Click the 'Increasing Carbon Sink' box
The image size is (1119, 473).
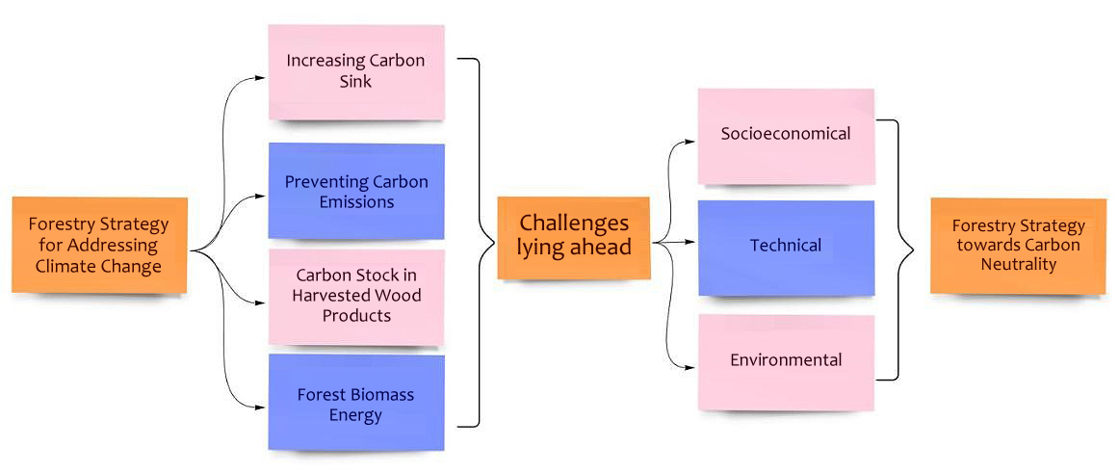point(355,72)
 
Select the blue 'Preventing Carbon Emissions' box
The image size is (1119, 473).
point(355,191)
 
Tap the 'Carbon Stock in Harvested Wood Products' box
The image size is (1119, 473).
point(355,296)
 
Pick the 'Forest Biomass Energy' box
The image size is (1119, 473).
point(355,403)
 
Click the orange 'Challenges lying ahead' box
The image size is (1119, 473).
point(573,237)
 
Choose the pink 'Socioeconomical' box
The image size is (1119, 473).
point(786,135)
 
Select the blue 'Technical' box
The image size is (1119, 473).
point(786,247)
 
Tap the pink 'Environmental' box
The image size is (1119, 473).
point(786,361)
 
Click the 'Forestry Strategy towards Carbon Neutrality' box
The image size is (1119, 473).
point(1018,245)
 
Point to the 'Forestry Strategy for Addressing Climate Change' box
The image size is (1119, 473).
point(99,245)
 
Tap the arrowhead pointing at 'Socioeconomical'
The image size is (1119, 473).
point(691,141)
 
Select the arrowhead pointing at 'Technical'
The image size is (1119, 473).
point(691,246)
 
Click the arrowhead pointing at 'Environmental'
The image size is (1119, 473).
point(691,366)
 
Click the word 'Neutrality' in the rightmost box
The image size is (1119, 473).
point(1018,263)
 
